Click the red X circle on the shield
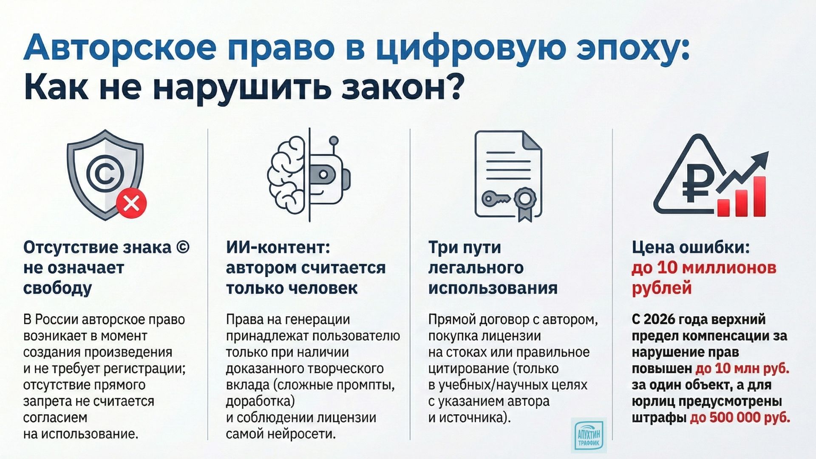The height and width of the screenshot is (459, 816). pos(132,204)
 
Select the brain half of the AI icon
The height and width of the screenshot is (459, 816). pos(287,175)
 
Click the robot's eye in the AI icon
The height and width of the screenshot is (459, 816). pos(323,174)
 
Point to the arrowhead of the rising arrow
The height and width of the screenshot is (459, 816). pos(761,158)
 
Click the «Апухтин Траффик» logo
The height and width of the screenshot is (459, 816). pos(589,435)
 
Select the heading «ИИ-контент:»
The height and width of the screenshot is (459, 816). pos(278,247)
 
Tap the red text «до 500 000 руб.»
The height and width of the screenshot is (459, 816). pos(740,418)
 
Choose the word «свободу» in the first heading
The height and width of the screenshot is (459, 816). pos(57,288)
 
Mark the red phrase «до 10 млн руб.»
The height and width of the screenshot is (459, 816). pos(742,368)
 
